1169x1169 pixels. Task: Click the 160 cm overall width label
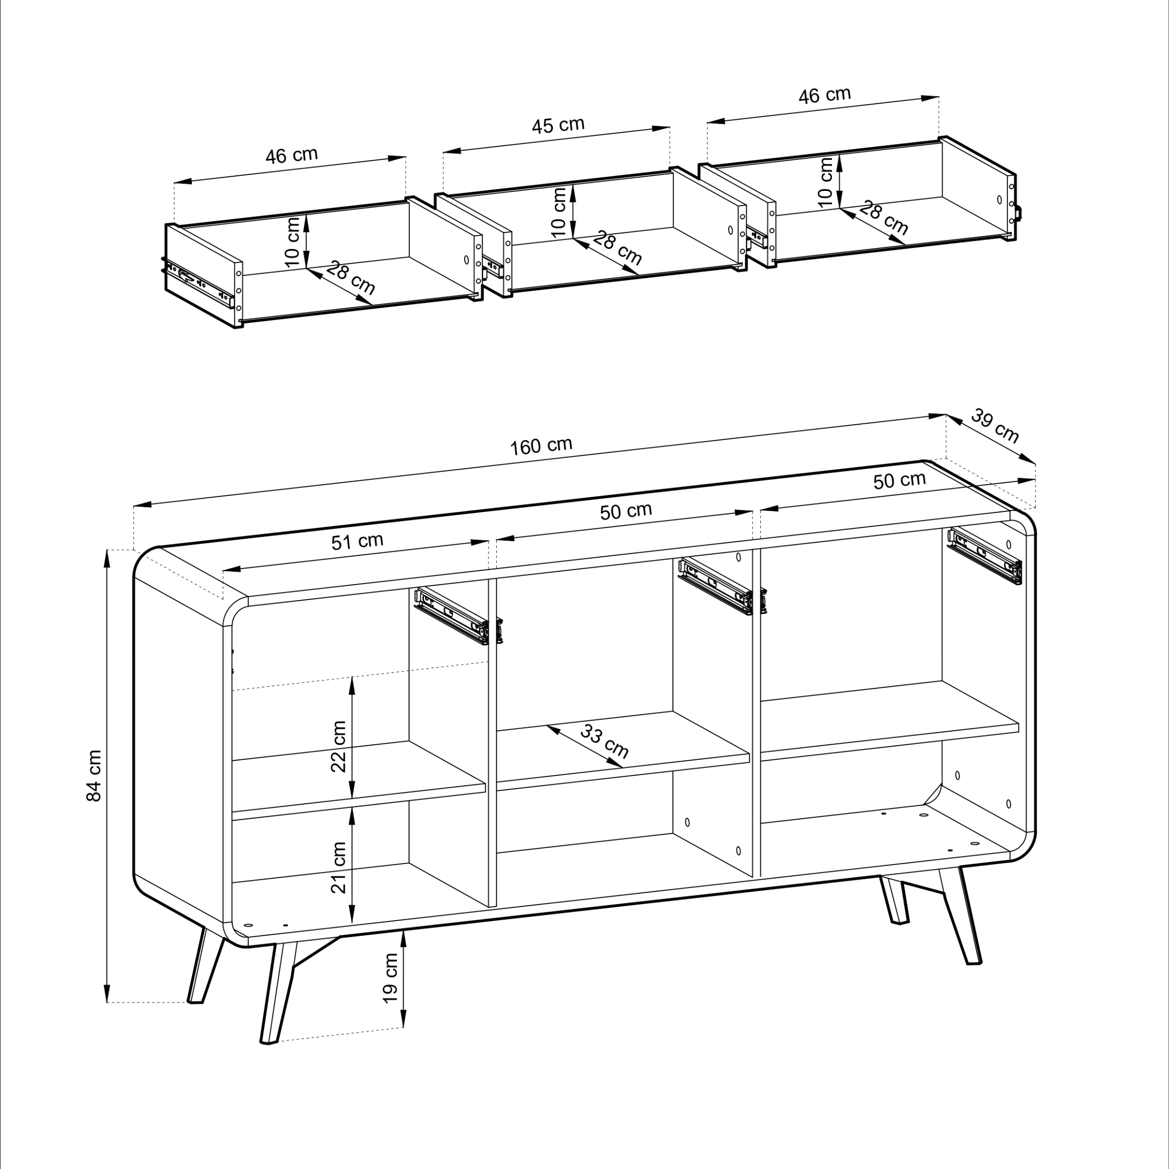(541, 446)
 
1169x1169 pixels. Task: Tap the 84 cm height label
(94, 776)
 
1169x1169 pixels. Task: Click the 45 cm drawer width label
(558, 125)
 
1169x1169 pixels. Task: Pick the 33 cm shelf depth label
(604, 740)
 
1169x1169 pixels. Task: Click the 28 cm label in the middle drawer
(617, 247)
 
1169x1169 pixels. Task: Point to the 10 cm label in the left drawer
(292, 242)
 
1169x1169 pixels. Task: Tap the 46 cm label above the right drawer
(824, 95)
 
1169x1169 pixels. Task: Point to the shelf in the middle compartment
(623, 750)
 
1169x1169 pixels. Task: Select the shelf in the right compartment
(889, 720)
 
